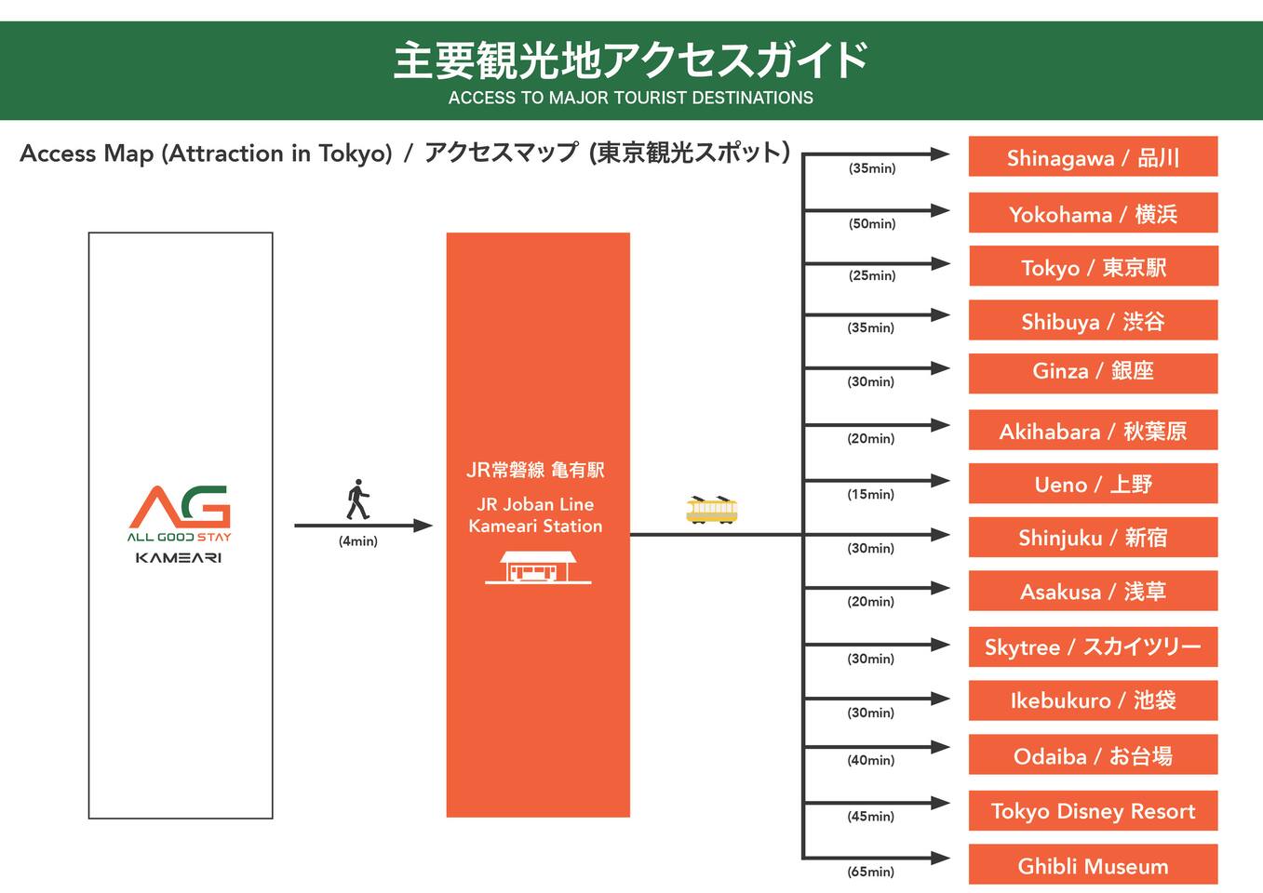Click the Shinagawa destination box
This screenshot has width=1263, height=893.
click(1093, 157)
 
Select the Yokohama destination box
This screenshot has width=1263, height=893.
click(1093, 214)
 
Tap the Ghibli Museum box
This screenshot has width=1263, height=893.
click(1093, 865)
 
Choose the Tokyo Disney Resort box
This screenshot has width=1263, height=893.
click(1093, 810)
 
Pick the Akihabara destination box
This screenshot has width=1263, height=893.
click(1093, 431)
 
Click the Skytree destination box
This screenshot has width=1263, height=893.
click(1093, 646)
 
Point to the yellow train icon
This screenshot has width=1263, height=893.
click(712, 510)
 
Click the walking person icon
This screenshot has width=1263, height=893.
click(357, 500)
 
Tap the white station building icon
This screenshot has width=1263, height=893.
click(537, 567)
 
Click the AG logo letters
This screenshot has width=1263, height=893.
click(180, 506)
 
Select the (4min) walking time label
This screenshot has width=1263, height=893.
click(357, 541)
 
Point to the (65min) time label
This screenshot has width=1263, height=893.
click(870, 872)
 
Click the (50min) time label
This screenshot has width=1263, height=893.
click(872, 223)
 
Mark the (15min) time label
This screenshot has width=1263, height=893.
click(870, 494)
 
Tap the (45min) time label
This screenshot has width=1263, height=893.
click(870, 816)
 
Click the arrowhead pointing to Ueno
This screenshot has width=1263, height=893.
click(940, 481)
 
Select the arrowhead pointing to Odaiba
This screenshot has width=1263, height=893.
click(940, 747)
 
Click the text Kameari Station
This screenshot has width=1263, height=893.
click(535, 526)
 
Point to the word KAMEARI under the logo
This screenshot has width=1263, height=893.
click(179, 558)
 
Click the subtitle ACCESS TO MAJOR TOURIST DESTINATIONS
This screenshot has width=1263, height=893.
click(630, 98)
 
